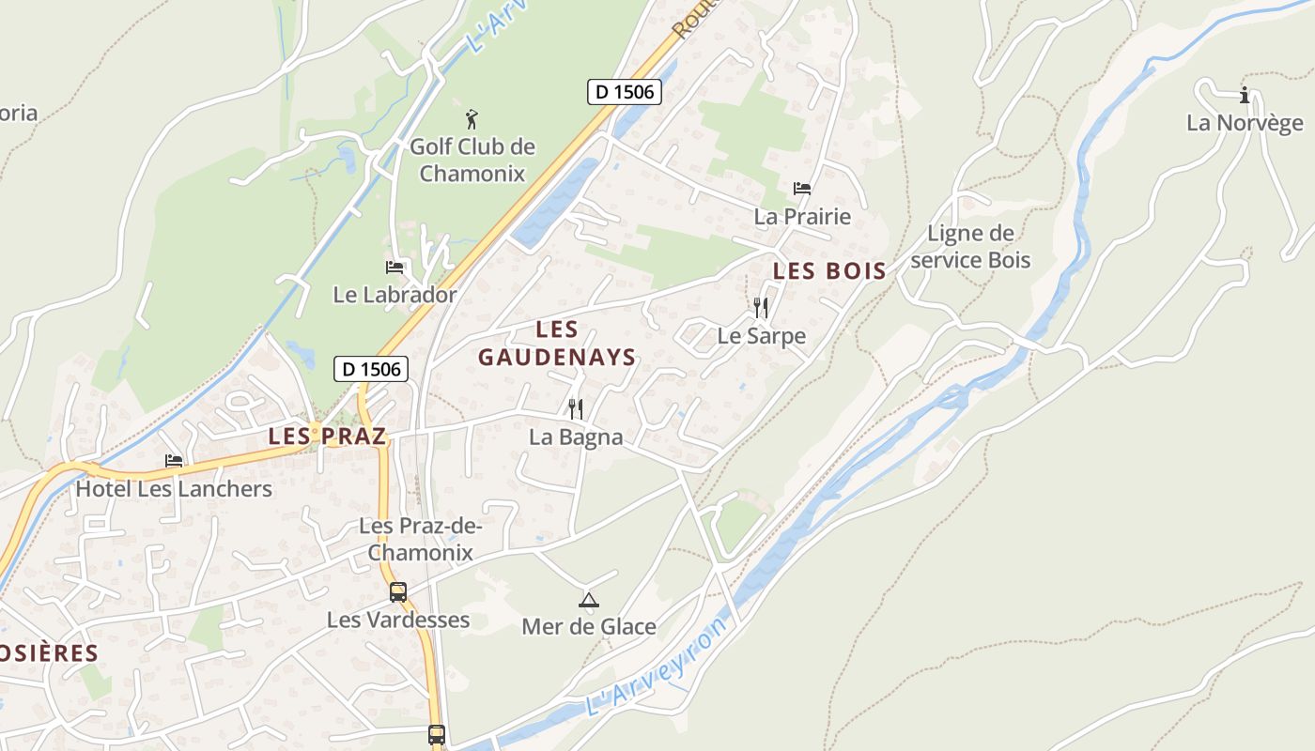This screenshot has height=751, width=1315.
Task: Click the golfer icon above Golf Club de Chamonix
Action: [472, 119]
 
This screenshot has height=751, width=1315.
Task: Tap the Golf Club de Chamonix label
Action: [472, 160]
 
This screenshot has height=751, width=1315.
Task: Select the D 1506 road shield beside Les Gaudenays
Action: [372, 369]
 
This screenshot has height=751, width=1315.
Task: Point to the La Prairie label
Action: [802, 217]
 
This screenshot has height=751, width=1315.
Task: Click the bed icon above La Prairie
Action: [802, 189]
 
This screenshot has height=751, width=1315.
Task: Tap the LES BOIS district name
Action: [828, 271]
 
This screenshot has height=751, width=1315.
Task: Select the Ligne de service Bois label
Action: [970, 247]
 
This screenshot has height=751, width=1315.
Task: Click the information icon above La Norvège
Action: [1245, 95]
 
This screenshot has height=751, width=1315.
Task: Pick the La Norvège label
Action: [1245, 123]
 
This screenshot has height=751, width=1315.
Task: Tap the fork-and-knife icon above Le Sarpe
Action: [761, 307]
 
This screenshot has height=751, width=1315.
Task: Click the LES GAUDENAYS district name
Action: [557, 344]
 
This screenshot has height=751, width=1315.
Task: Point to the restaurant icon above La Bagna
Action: [576, 409]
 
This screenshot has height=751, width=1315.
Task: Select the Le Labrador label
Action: [394, 295]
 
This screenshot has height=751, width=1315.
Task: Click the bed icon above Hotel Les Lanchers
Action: [174, 461]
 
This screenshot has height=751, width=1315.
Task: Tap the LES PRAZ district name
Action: [327, 437]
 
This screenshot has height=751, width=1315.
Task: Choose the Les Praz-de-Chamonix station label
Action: [421, 539]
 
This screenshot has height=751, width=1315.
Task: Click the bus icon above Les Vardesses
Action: [398, 592]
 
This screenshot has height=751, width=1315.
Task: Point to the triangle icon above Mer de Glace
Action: [589, 600]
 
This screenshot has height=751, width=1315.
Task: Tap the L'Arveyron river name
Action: [657, 667]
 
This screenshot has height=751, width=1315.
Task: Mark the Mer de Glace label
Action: [589, 626]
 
